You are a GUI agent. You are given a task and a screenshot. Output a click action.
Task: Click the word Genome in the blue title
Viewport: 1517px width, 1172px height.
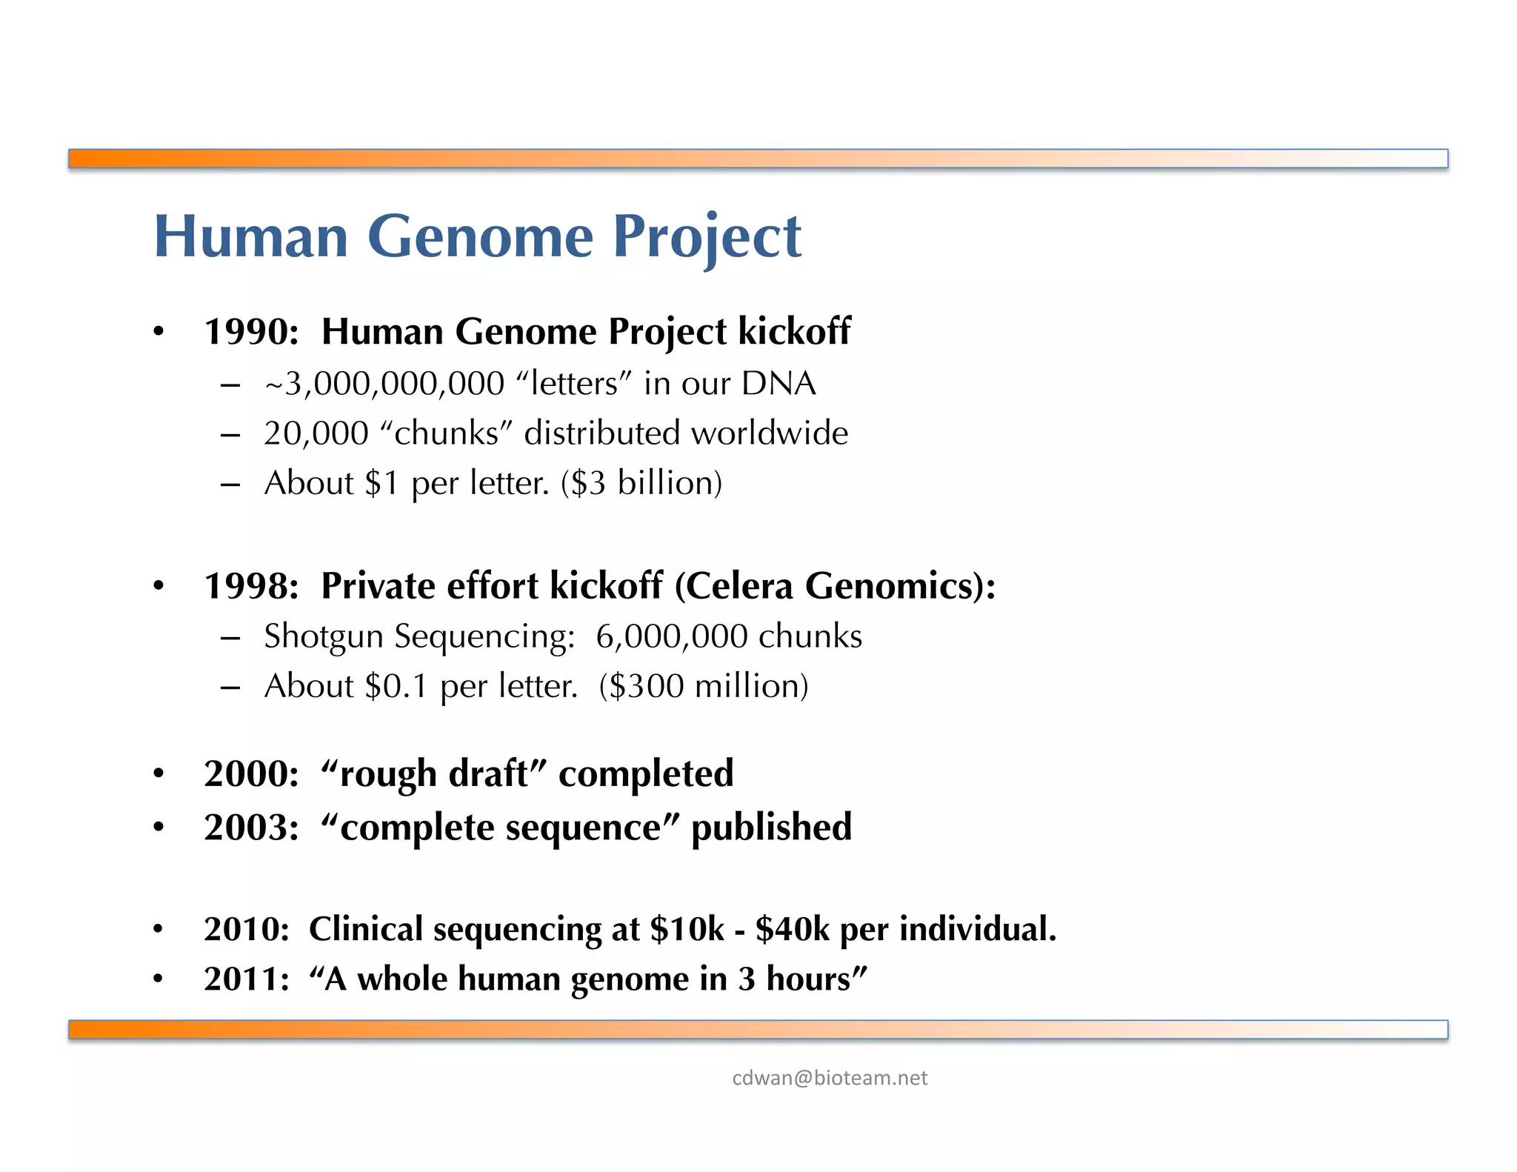pyautogui.click(x=480, y=237)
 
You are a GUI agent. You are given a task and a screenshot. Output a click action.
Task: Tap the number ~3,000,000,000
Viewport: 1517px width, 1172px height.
pyautogui.click(x=384, y=384)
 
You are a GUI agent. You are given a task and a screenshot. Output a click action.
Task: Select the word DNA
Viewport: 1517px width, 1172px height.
pyautogui.click(x=778, y=384)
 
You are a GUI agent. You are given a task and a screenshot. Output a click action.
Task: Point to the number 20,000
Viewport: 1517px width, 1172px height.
pyautogui.click(x=316, y=433)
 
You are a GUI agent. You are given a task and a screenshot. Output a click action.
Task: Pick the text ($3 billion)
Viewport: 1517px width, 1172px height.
pyautogui.click(x=641, y=483)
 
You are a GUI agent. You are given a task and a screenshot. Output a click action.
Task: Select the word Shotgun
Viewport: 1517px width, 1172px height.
pyautogui.click(x=323, y=636)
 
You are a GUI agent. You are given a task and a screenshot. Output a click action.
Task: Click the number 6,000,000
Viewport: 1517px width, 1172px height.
pyautogui.click(x=671, y=636)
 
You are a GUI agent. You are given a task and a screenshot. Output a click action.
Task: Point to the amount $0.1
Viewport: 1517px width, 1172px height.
pyautogui.click(x=397, y=686)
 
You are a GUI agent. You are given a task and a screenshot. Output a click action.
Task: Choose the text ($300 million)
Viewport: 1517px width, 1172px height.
pyautogui.click(x=704, y=686)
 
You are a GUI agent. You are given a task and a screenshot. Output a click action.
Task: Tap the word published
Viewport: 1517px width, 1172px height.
pyautogui.click(x=771, y=828)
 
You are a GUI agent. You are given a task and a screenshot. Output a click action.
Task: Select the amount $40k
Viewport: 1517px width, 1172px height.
pyautogui.click(x=792, y=929)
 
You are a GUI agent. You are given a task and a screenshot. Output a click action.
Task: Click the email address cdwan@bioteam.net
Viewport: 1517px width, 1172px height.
pyautogui.click(x=829, y=1078)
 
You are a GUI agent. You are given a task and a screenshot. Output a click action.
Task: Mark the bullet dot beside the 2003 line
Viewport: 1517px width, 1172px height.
pyautogui.click(x=159, y=828)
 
